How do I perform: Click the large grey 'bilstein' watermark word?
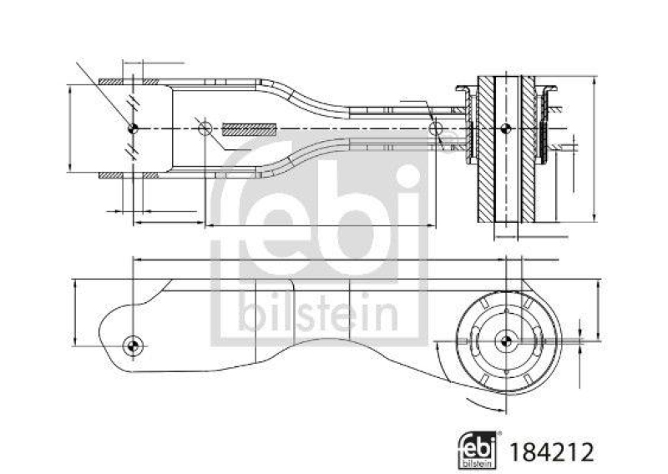[x=318, y=316]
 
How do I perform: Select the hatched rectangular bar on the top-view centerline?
[x=249, y=129]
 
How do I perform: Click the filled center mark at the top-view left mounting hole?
[x=134, y=128]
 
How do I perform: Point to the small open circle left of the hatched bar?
[x=204, y=128]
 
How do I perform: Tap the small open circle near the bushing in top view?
[x=434, y=128]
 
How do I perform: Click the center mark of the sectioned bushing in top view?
[x=505, y=128]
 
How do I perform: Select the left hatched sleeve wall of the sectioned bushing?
[x=485, y=150]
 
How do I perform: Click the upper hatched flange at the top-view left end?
[x=129, y=82]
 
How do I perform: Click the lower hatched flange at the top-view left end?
[x=129, y=175]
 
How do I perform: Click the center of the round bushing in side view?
[x=505, y=340]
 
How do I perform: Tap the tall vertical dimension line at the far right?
[x=595, y=150]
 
